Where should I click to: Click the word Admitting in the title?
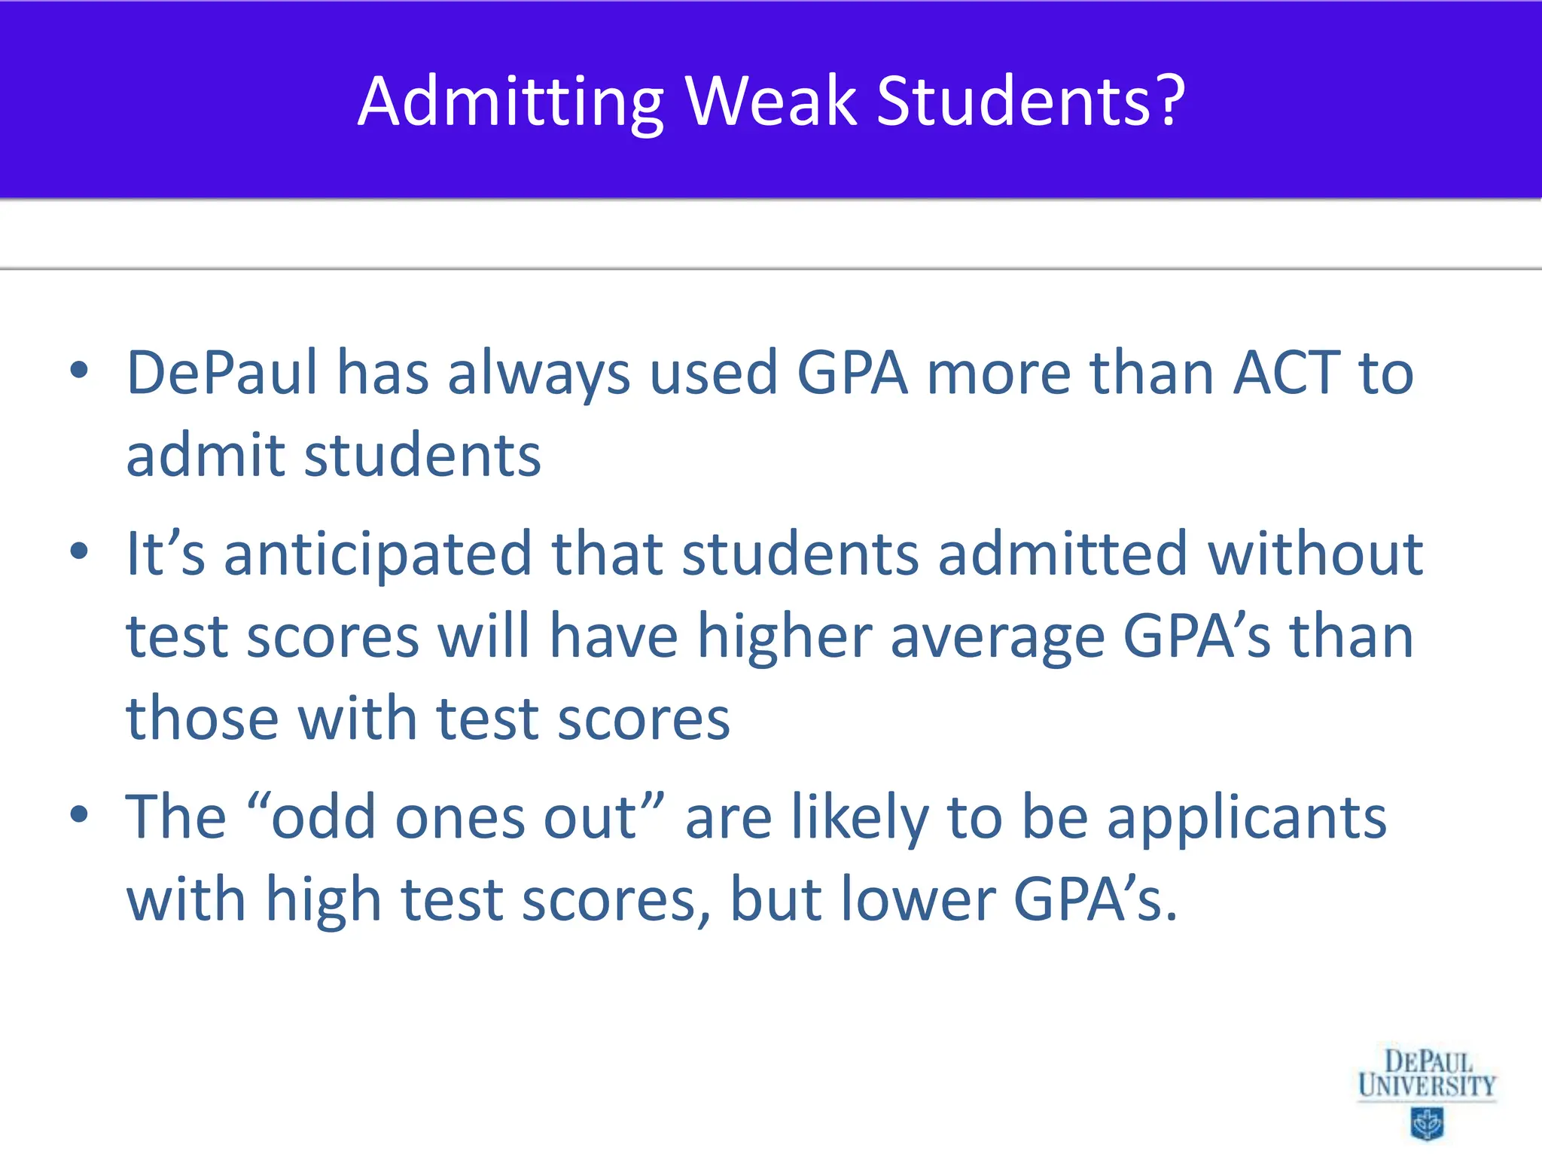[510, 103]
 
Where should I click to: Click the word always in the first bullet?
[538, 375]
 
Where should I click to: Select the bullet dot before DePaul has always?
[78, 371]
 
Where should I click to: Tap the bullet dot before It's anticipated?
[78, 551]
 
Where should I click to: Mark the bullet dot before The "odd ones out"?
[78, 814]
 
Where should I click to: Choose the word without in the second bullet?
[1315, 554]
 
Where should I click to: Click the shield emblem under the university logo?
[1426, 1124]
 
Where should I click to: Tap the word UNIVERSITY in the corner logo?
[1427, 1086]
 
